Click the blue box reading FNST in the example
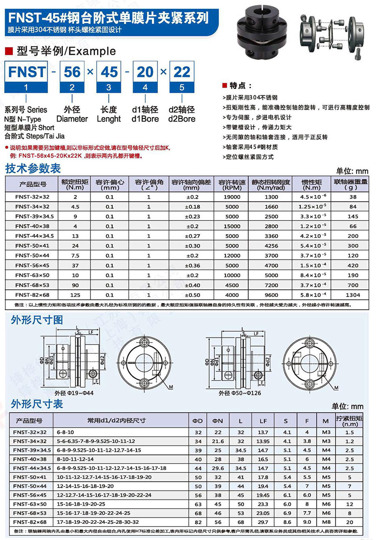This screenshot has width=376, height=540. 26,72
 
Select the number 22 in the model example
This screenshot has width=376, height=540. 182,72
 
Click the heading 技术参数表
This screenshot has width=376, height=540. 33,168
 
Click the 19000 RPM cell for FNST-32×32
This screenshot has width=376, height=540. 232,197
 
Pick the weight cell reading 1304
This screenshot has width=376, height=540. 353,295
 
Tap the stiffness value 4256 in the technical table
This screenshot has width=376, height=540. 271,246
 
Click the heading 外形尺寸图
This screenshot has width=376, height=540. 37,320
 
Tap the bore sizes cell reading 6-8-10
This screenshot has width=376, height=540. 65,432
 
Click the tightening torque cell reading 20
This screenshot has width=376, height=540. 350,522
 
